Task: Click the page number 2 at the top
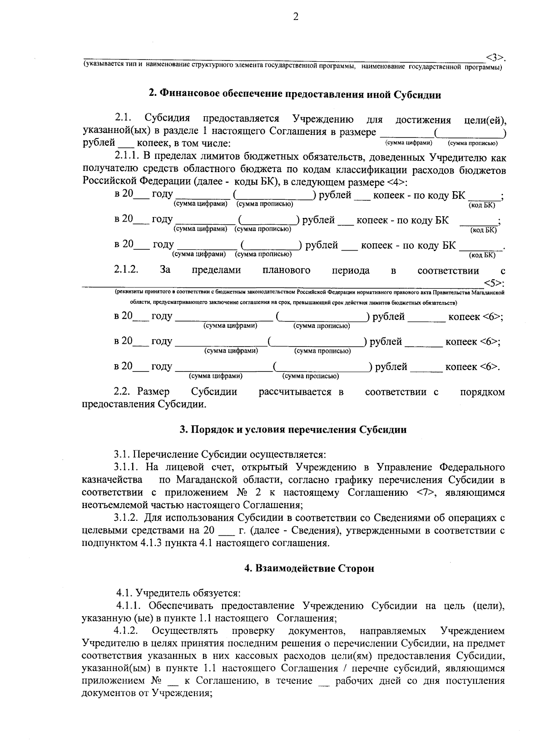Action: [x=296, y=17]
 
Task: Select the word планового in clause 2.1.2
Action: [x=286, y=271]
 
